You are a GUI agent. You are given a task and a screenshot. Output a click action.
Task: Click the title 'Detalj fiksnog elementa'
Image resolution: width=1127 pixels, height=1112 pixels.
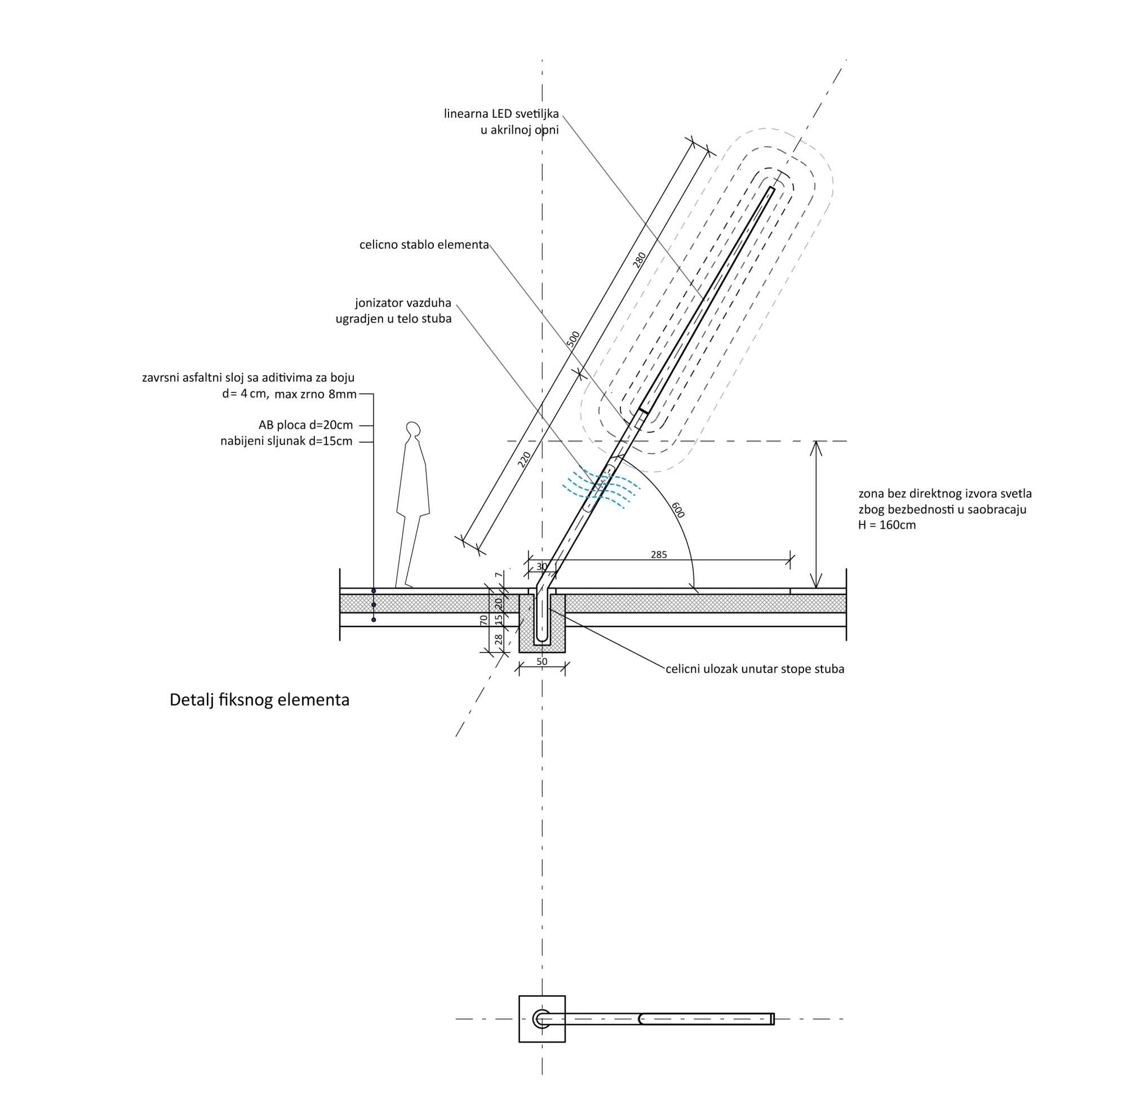(x=259, y=700)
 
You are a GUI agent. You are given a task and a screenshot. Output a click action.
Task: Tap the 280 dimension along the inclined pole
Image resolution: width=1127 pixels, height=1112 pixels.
(x=640, y=259)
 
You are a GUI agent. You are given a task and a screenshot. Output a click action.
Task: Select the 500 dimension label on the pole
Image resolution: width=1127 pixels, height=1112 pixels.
(x=574, y=339)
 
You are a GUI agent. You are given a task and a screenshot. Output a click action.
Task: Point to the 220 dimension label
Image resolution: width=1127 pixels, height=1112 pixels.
(x=525, y=459)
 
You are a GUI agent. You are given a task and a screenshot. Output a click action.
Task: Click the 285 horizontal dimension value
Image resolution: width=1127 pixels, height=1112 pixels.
(x=659, y=555)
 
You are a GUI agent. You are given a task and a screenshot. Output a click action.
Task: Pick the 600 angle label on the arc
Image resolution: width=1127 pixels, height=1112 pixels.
(x=677, y=510)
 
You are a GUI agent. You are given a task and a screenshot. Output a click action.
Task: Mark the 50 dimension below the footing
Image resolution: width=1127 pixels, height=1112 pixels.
(x=542, y=662)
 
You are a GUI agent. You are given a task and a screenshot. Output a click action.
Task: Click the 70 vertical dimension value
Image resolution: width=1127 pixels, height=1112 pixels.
(x=483, y=620)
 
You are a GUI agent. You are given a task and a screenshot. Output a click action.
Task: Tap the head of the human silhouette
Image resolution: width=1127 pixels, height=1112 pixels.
(x=413, y=429)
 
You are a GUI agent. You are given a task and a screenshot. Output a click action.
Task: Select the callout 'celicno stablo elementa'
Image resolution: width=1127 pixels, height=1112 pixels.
(x=424, y=245)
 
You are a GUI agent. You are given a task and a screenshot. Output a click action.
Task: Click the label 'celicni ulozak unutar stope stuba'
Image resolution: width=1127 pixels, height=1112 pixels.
(x=755, y=669)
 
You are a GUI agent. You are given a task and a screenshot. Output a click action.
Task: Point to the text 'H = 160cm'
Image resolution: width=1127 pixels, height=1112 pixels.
(x=886, y=526)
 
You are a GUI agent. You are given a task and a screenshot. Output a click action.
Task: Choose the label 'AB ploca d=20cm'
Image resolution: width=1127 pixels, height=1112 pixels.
(x=305, y=425)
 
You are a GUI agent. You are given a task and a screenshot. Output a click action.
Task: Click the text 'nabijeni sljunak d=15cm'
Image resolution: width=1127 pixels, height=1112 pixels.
(x=286, y=442)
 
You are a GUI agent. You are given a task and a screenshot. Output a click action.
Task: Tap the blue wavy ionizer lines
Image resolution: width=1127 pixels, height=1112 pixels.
(x=601, y=488)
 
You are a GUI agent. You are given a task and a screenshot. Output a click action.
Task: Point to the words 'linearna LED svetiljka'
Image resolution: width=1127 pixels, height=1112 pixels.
(x=501, y=114)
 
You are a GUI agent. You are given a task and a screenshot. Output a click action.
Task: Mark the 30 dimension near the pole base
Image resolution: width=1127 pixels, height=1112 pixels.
(x=542, y=567)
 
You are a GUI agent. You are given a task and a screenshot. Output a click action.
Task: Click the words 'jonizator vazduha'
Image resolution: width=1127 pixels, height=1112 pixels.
(x=403, y=303)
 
